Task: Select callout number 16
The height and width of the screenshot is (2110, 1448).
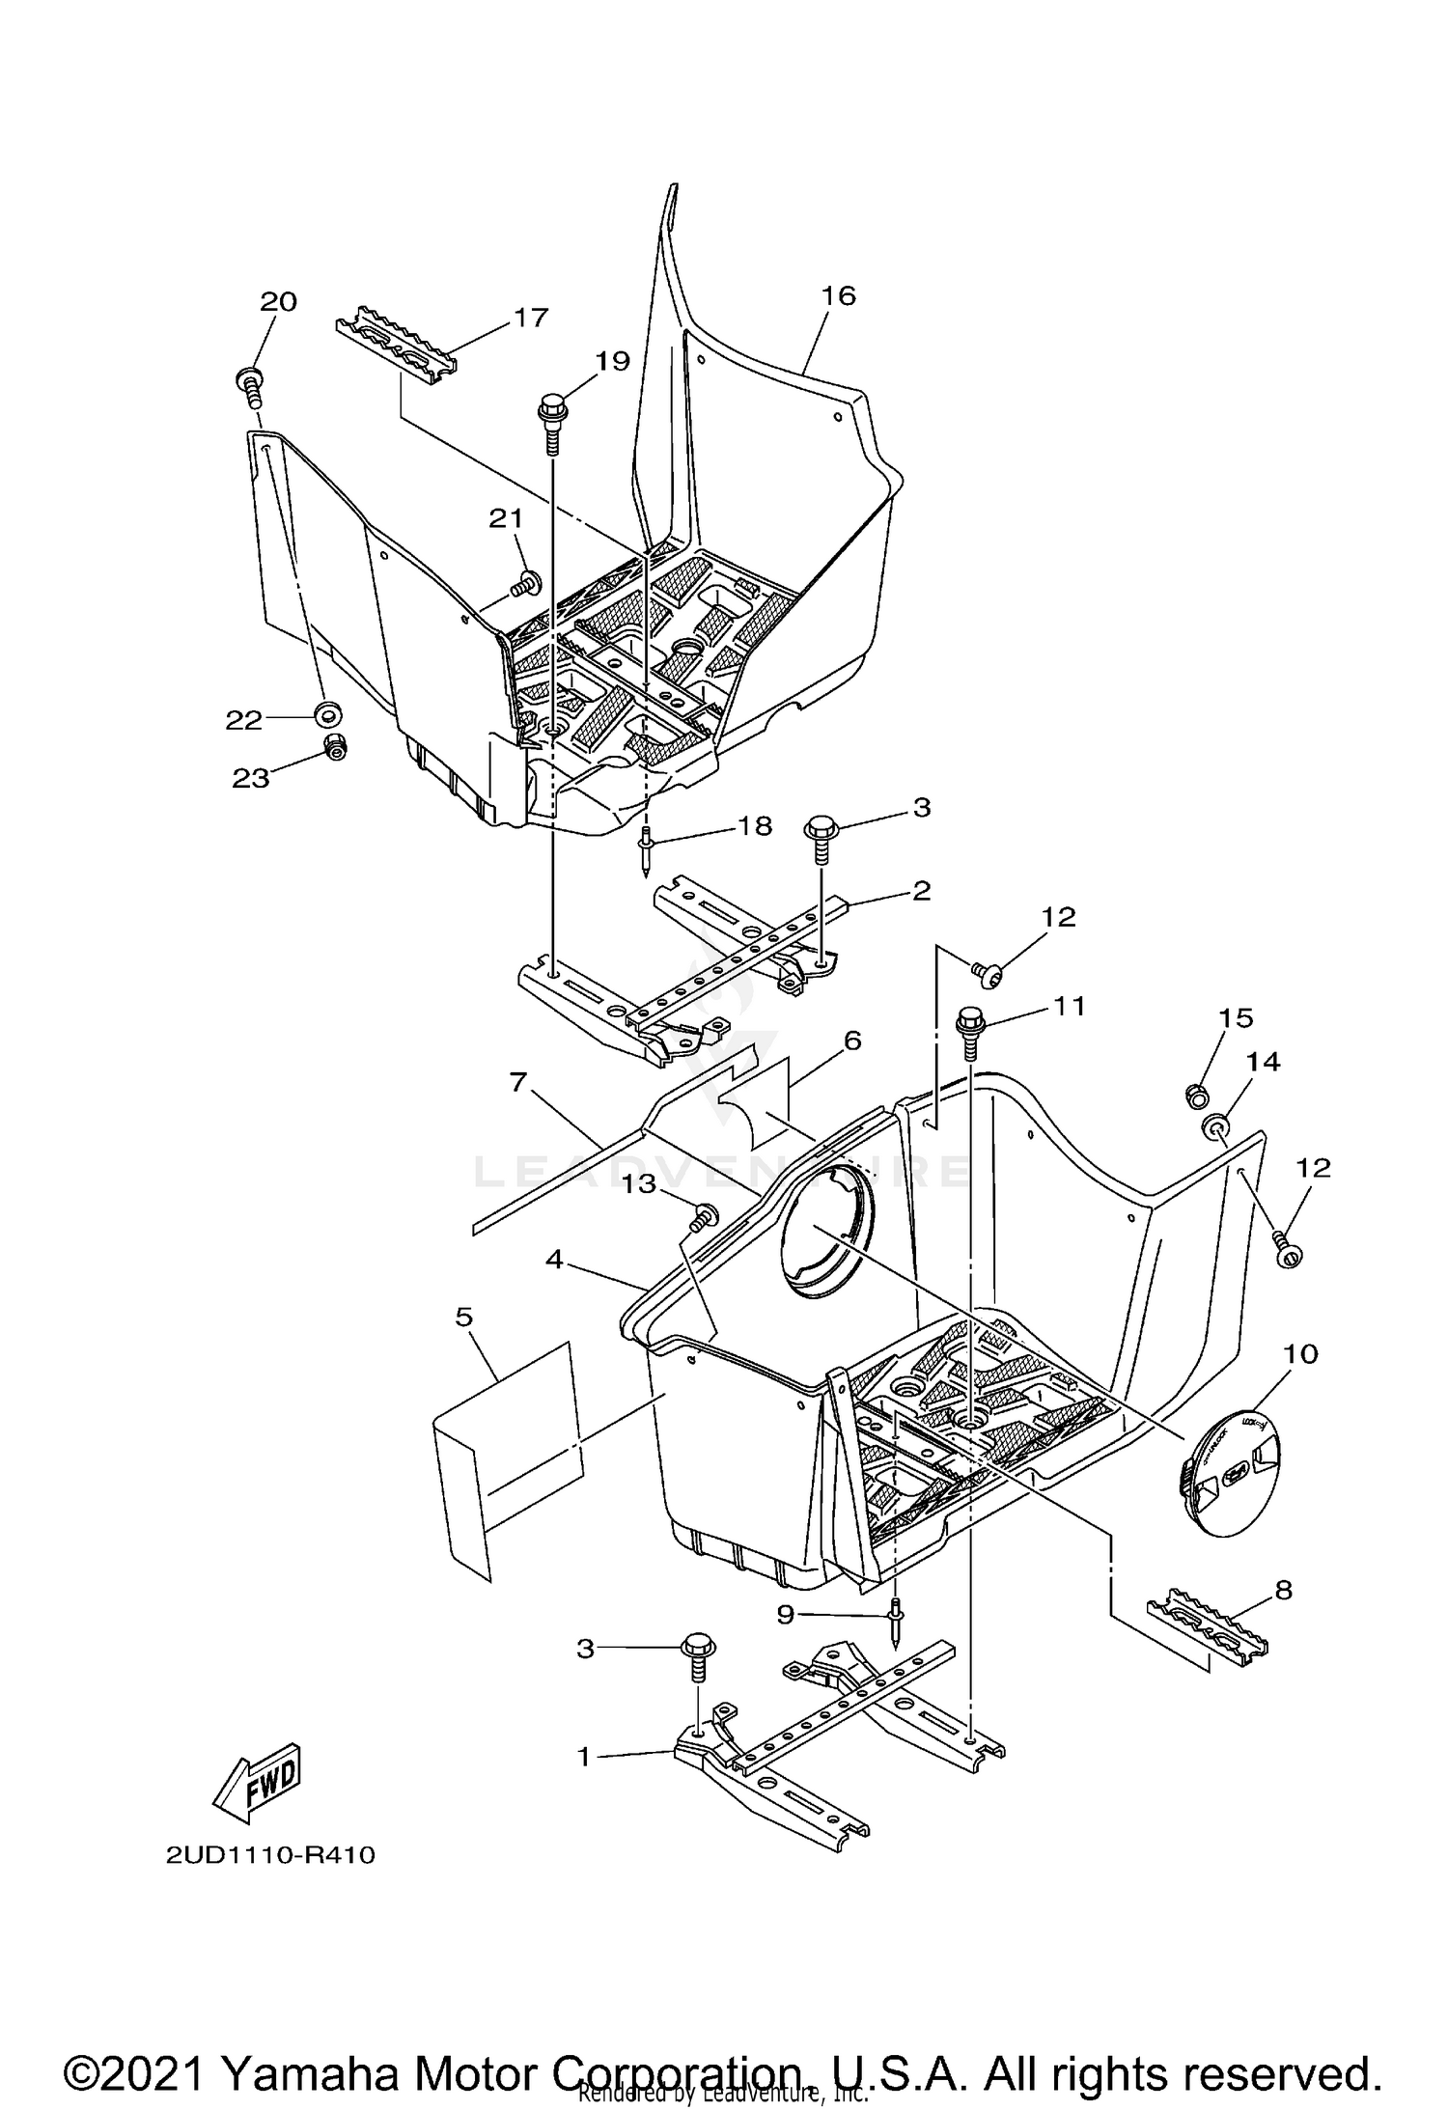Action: point(838,295)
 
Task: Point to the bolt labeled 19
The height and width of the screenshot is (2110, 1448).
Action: point(553,422)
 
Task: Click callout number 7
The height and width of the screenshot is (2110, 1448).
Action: point(518,1083)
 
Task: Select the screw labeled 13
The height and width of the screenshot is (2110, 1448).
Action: point(706,1216)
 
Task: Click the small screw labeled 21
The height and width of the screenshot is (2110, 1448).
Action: point(527,582)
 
